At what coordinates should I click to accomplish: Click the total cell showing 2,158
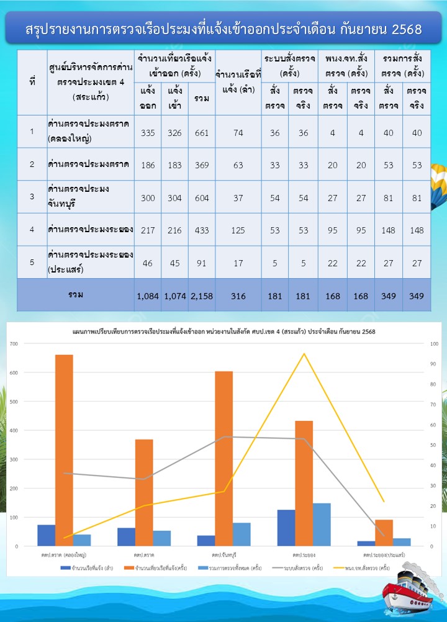click(202, 296)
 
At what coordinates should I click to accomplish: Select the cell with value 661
click(202, 131)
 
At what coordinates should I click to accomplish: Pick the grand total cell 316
click(238, 296)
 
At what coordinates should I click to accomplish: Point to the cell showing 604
click(202, 197)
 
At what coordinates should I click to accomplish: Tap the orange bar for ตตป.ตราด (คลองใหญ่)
click(64, 450)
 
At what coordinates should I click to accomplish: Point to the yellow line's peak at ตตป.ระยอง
click(304, 354)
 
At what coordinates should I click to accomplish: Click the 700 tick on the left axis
click(13, 343)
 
